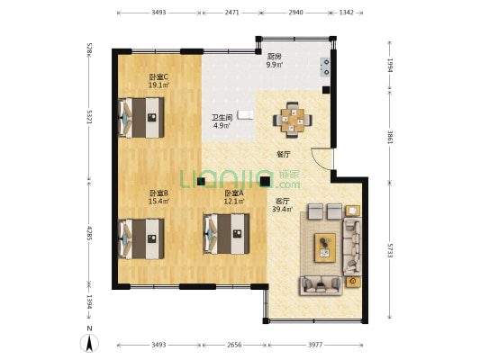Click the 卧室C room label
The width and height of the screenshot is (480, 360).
pos(158,76)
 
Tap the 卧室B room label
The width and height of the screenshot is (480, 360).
pos(158,193)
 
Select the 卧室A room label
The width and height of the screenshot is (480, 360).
pos(234,193)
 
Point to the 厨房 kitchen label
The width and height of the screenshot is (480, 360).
pos(275,57)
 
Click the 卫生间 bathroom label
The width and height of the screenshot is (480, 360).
pos(222,117)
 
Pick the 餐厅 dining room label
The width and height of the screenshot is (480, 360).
pos(284,155)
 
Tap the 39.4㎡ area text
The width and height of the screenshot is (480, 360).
pos(282,209)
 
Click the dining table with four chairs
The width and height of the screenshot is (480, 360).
pos(293,120)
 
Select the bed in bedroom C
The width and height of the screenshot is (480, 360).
pos(141,118)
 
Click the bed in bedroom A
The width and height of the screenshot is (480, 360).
pos(227,234)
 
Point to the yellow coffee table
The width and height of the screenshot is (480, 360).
pos(325,247)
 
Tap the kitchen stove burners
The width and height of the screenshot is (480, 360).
pos(326,67)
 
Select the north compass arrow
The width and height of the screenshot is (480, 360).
pos(89,343)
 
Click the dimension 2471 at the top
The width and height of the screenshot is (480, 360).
pos(231,13)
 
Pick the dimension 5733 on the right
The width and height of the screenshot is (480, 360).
pos(390,250)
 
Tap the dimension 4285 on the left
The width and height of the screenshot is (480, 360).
pos(89,233)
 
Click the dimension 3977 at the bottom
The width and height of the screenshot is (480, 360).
pos(315,345)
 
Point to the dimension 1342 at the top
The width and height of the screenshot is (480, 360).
pos(346,13)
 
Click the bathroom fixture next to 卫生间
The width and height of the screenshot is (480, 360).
pos(246,114)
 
